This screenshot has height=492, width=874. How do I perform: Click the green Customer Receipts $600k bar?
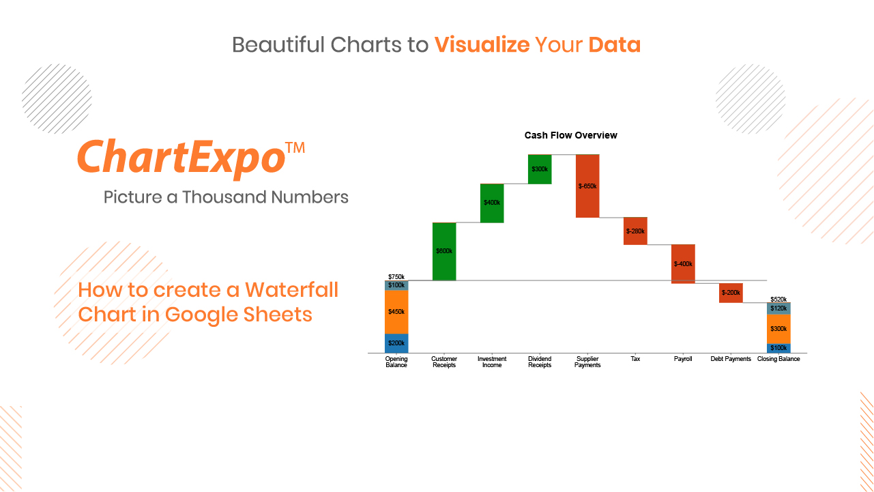tap(444, 251)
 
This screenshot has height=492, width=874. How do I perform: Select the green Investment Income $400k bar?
tap(492, 203)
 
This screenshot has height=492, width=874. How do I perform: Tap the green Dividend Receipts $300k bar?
tap(540, 169)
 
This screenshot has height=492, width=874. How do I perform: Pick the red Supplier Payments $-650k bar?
tap(587, 186)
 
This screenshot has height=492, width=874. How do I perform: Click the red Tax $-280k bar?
tap(635, 231)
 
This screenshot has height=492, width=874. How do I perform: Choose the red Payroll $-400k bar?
tap(683, 264)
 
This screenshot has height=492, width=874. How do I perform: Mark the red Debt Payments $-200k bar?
tap(731, 293)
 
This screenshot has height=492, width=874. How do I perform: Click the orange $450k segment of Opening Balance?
tap(396, 312)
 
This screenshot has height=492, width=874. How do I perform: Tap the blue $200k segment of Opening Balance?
tap(396, 343)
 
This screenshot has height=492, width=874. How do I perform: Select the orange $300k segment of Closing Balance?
tap(778, 329)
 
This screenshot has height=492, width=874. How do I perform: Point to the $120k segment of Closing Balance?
tap(778, 308)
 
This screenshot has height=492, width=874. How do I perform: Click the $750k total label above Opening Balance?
tap(396, 277)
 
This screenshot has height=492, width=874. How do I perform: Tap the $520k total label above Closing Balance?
tap(778, 300)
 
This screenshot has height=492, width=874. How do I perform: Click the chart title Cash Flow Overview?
tap(571, 135)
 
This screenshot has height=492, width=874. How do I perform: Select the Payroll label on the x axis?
tap(683, 359)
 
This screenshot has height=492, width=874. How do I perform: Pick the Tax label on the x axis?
tap(635, 359)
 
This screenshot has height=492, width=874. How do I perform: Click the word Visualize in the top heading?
tap(482, 44)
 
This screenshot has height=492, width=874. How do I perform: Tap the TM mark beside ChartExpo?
tap(295, 148)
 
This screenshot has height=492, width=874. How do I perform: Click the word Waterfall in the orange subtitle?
tap(291, 290)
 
